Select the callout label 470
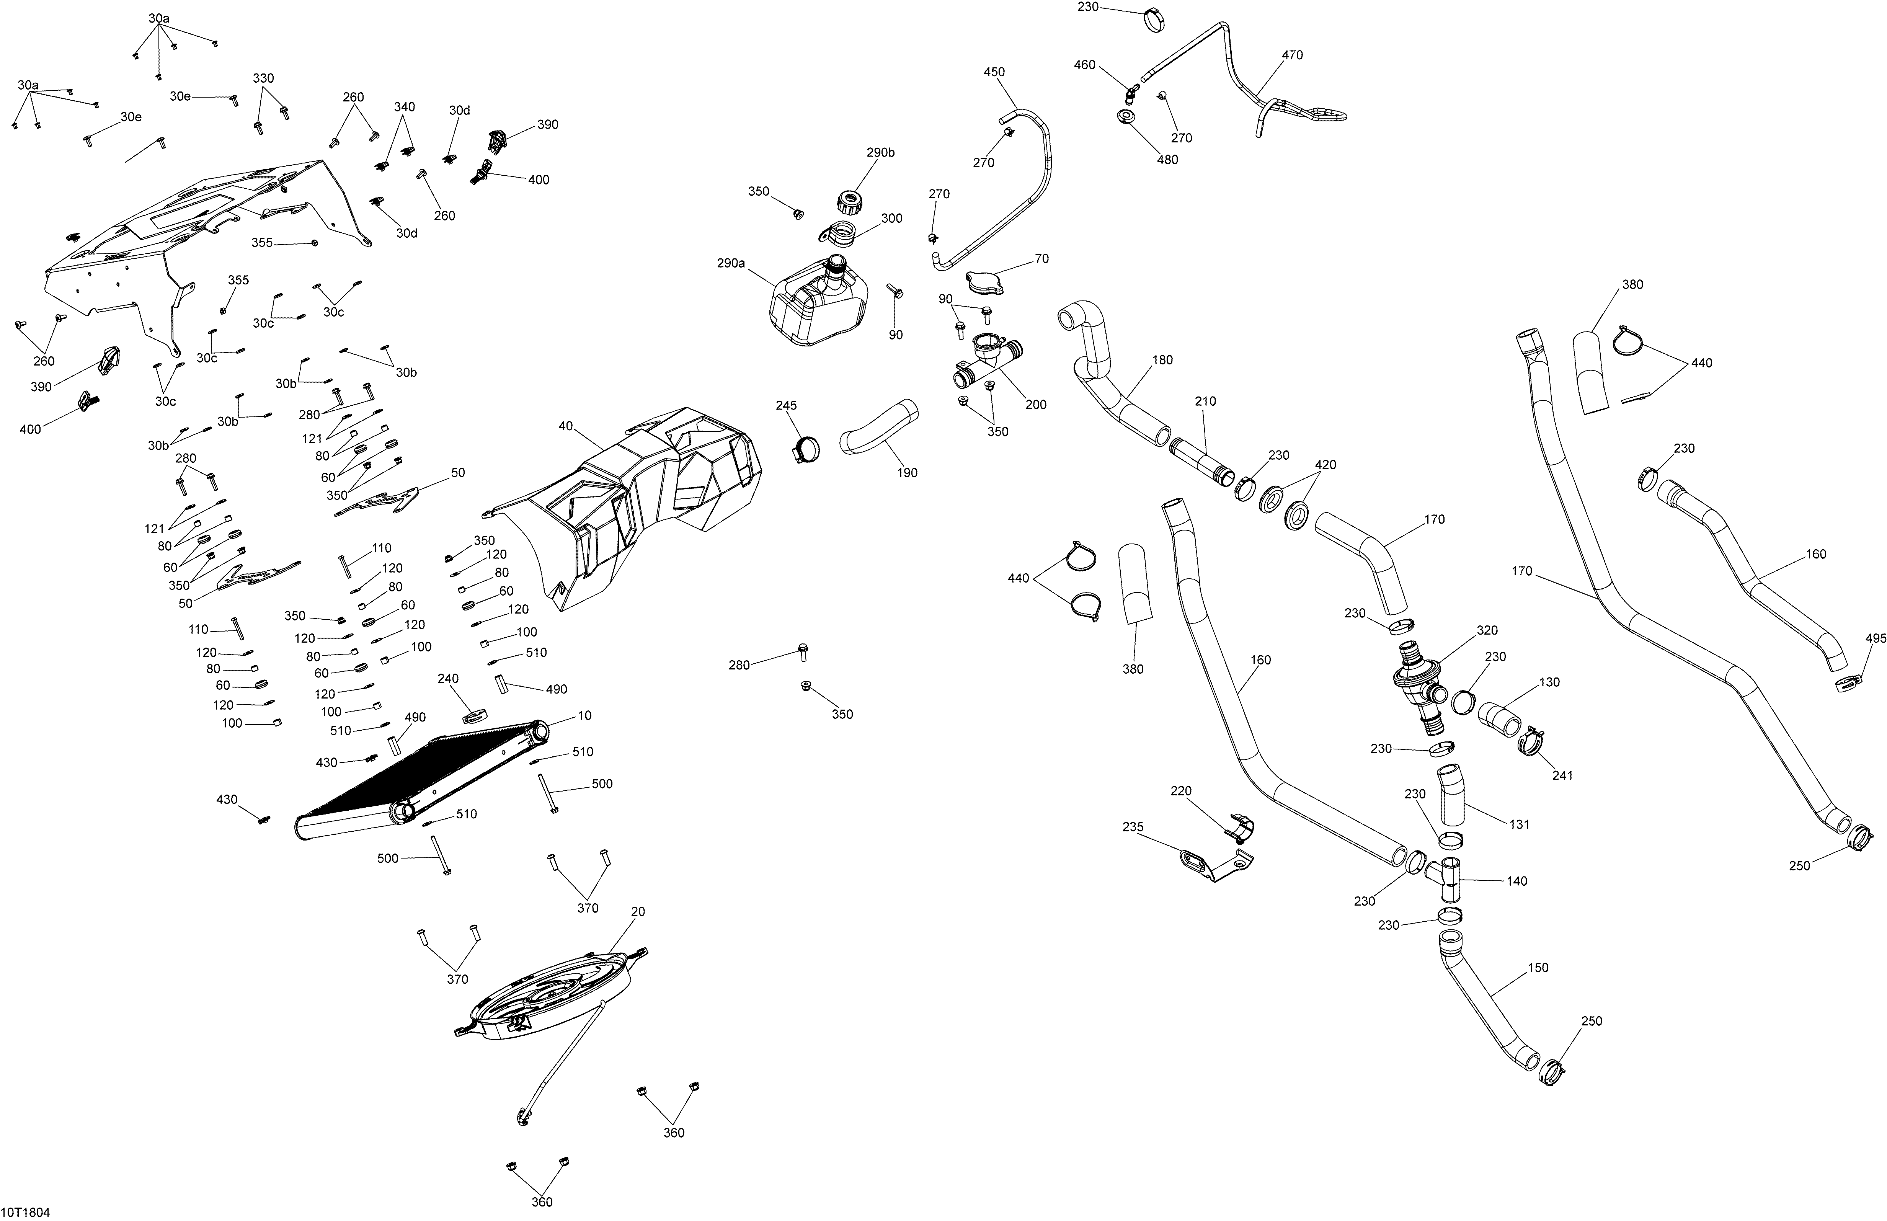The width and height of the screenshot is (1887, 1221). pyautogui.click(x=1291, y=55)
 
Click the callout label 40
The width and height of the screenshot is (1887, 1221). pyautogui.click(x=565, y=426)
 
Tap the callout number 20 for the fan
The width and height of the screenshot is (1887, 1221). pyautogui.click(x=637, y=912)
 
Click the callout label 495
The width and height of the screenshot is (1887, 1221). pyautogui.click(x=1875, y=638)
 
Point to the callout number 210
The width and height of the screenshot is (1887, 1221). pyautogui.click(x=1205, y=401)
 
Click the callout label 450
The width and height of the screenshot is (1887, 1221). pyautogui.click(x=994, y=72)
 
